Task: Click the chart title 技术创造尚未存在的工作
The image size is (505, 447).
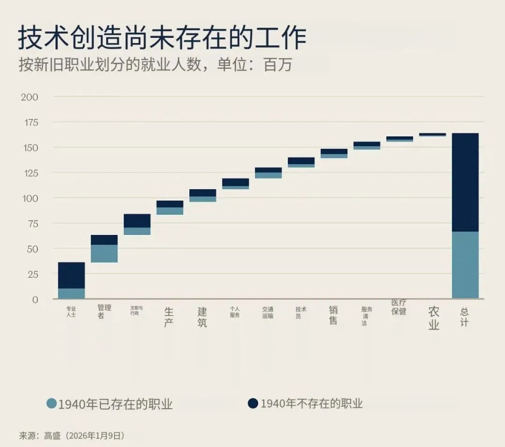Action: coord(162,38)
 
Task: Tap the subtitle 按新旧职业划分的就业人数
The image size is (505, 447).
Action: coord(110,65)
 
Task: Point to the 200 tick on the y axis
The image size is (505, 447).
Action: coord(29,97)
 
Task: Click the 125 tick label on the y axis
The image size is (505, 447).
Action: coord(30,173)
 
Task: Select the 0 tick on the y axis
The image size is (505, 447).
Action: coord(35,300)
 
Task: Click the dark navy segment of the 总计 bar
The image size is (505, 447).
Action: coord(465,183)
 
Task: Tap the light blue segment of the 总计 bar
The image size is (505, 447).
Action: coord(465,265)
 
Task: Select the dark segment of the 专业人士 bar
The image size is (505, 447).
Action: coord(72,276)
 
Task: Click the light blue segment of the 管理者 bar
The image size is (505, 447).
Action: coord(104,254)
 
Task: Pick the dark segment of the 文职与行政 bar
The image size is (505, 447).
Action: coord(137,221)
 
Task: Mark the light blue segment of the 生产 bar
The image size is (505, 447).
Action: coord(170,211)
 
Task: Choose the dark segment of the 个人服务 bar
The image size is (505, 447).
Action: coord(235,182)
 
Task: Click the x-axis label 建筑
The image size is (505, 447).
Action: coord(202,317)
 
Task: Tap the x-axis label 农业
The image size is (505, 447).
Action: coord(433,318)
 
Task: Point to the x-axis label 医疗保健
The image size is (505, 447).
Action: coord(399,307)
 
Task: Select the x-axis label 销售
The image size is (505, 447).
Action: coord(333,315)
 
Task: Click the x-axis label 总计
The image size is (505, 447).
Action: coord(464,317)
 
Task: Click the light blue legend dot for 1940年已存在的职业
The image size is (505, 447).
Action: coord(51,403)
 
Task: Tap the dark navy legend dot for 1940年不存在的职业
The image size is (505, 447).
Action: coord(253,403)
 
